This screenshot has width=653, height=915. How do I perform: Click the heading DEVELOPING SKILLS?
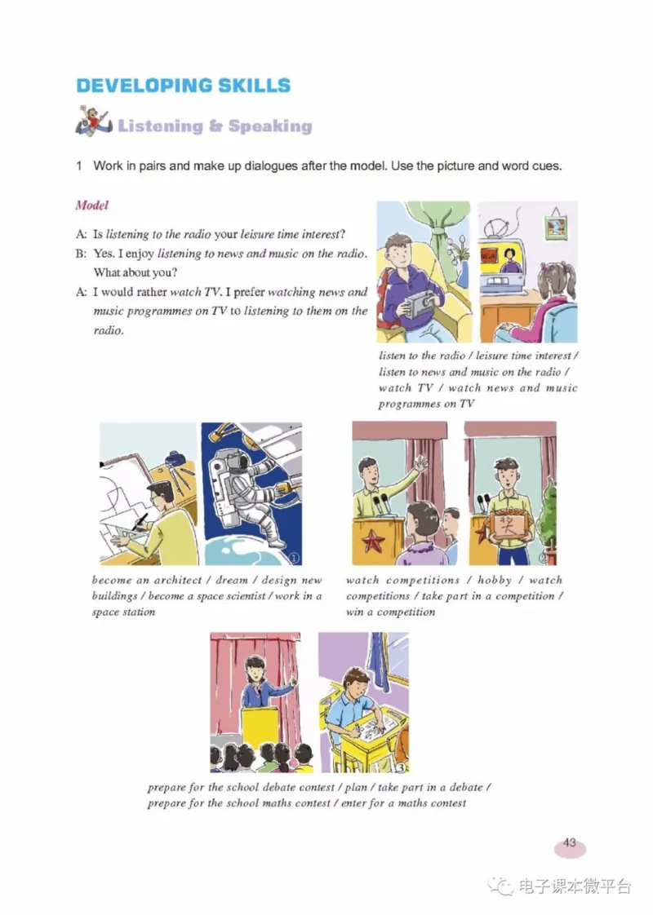(184, 85)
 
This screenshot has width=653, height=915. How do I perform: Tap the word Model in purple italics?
(91, 205)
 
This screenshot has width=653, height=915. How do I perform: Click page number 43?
(570, 842)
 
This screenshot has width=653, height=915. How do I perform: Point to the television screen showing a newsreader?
(509, 261)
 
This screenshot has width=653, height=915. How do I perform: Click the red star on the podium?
(373, 540)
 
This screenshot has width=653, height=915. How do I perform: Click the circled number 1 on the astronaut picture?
(294, 557)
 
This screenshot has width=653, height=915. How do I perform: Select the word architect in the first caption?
(178, 580)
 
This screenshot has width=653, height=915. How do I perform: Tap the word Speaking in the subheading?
(270, 126)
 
